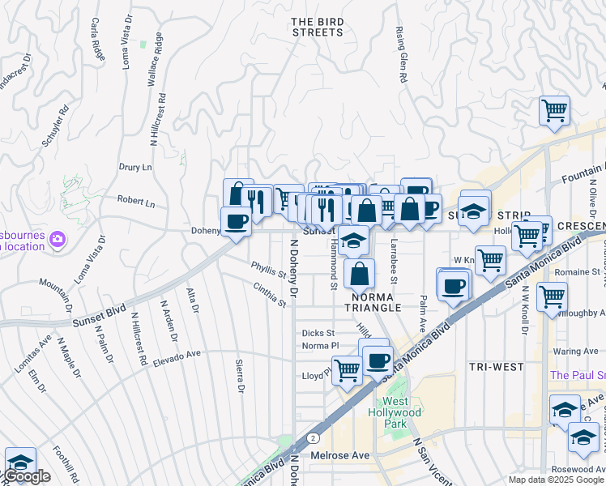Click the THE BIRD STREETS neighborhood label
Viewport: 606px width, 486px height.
click(x=317, y=27)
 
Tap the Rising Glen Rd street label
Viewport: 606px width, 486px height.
click(x=401, y=54)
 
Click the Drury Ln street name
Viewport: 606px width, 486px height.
click(x=135, y=168)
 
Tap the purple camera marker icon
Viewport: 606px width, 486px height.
click(x=57, y=239)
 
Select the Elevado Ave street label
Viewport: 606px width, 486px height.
click(x=176, y=354)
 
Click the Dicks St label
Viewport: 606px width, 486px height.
click(x=318, y=333)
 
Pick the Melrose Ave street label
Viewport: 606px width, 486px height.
click(x=340, y=455)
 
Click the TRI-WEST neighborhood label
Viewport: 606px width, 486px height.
click(x=496, y=367)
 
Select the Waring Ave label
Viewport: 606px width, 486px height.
click(x=575, y=351)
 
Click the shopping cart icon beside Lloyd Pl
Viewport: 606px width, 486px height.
click(x=347, y=371)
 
